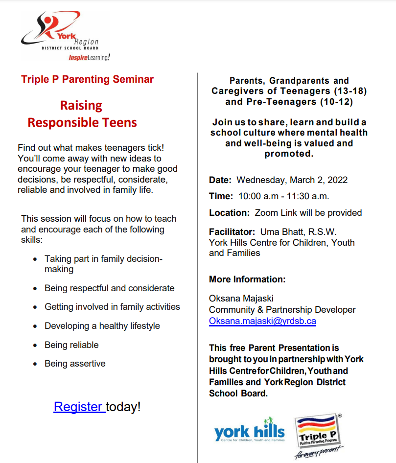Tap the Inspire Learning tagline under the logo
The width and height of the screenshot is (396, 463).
89,57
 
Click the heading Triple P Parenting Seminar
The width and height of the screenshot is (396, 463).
87,79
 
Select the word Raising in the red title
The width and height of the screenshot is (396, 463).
81,105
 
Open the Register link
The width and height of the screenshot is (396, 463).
79,407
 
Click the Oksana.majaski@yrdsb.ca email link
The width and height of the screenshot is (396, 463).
262,321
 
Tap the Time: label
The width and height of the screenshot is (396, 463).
221,196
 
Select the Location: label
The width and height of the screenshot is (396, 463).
229,213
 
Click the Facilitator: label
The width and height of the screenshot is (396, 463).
232,231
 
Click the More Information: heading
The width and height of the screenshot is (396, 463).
247,279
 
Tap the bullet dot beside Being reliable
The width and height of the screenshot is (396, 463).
35,346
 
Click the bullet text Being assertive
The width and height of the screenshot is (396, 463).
75,364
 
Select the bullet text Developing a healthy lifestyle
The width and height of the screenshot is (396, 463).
102,326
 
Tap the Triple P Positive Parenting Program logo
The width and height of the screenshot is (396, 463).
318,436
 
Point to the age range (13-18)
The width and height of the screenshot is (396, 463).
349,91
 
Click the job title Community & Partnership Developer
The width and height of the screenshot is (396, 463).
282,310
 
